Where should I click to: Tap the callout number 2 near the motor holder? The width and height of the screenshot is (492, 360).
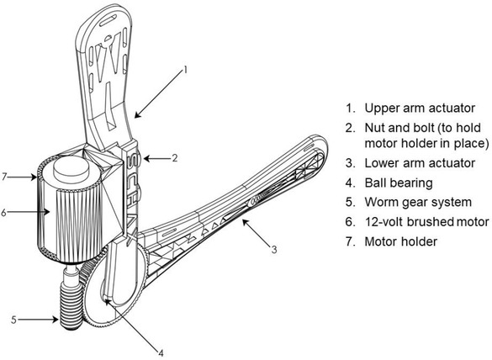click(173, 157)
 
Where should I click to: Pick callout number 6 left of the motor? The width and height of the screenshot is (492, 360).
click(6, 212)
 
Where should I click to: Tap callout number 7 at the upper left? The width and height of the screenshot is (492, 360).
click(6, 176)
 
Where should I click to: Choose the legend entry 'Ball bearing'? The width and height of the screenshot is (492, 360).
click(395, 182)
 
